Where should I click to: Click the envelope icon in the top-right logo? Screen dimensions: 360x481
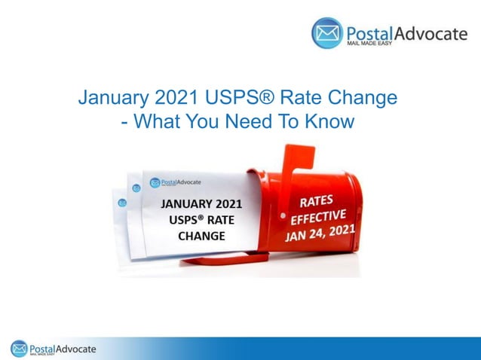[327, 33]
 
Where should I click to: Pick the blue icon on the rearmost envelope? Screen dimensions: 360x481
[121, 202]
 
